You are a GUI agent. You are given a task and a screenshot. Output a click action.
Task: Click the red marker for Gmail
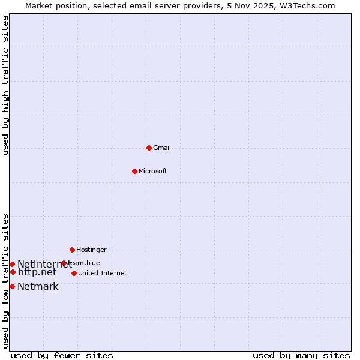point(149,148)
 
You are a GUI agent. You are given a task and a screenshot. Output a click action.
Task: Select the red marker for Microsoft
point(135,171)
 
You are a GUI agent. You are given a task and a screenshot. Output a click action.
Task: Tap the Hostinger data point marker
point(72,250)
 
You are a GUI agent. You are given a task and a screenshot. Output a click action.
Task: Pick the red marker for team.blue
point(64,263)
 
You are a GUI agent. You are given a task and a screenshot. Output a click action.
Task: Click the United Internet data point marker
point(74,273)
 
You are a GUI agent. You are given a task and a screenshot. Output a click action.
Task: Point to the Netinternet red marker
point(12,264)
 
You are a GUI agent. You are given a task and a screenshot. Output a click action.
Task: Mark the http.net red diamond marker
point(13,272)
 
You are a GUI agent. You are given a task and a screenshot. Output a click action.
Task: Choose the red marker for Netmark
point(12,286)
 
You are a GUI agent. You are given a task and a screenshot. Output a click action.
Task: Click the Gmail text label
point(162,148)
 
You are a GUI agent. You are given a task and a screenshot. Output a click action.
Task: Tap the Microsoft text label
point(153,171)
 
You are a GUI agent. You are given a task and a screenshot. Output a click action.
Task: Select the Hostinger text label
point(91,250)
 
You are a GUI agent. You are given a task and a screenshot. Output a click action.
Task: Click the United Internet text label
point(103,273)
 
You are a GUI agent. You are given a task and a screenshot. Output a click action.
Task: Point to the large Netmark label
point(38,286)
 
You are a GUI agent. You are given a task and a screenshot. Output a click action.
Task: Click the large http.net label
point(37,272)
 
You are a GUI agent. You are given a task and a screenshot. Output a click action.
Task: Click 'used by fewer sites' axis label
point(62,355)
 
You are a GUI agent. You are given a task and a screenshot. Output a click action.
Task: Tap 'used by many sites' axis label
point(301,355)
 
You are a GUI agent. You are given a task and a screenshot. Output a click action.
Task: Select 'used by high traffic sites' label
point(5,85)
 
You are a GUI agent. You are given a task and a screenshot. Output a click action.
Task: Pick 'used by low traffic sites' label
point(5,281)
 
